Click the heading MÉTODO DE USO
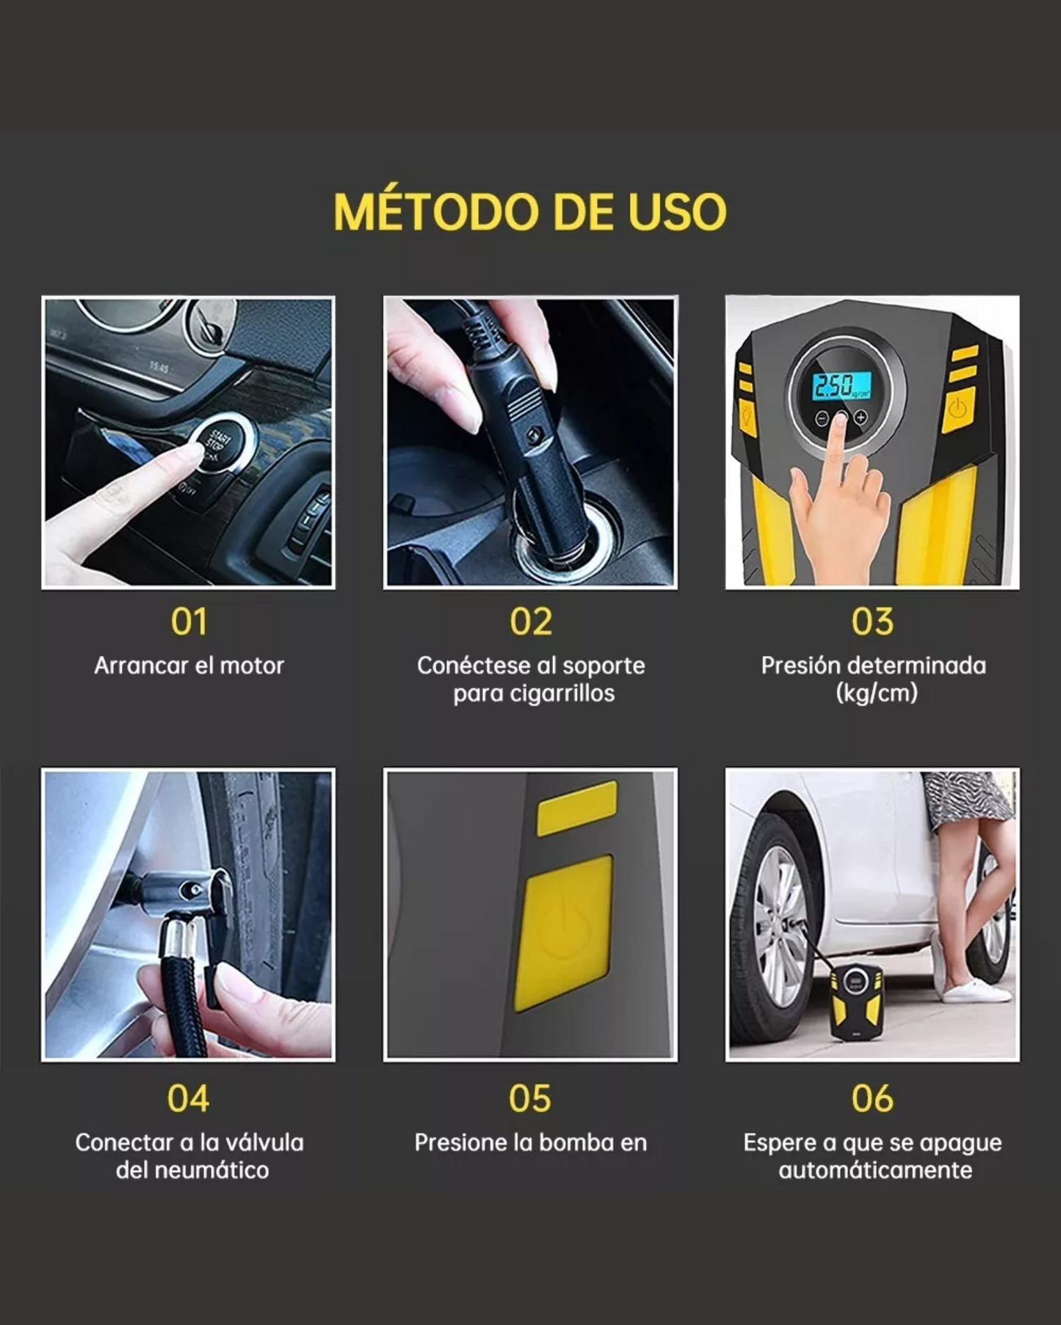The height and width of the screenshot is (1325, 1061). [x=530, y=212]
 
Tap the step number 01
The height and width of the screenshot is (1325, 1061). [x=189, y=622]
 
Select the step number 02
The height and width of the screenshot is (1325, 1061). [x=530, y=622]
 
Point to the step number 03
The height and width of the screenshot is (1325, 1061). [x=872, y=622]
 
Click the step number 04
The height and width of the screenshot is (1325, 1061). [x=188, y=1099]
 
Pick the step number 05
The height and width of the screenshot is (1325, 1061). [x=529, y=1099]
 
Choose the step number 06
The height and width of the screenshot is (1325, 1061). [x=872, y=1099]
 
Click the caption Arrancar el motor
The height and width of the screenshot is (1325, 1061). [x=189, y=666]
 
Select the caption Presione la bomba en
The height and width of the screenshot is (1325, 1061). [x=530, y=1143]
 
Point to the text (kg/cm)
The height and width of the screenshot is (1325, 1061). [x=877, y=693]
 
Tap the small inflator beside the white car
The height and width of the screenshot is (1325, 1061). [x=855, y=999]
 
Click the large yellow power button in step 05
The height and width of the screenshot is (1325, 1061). [x=564, y=932]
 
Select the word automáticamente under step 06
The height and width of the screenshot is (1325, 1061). [x=875, y=1170]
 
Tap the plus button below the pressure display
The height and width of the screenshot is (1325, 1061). [x=861, y=418]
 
